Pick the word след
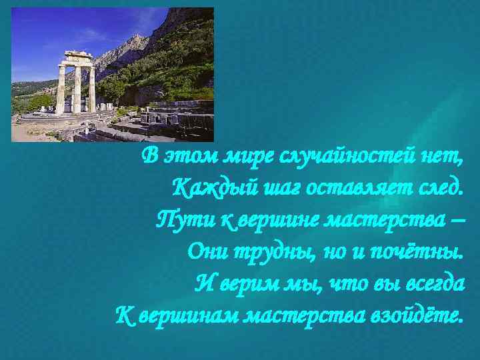tap(436, 188)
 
